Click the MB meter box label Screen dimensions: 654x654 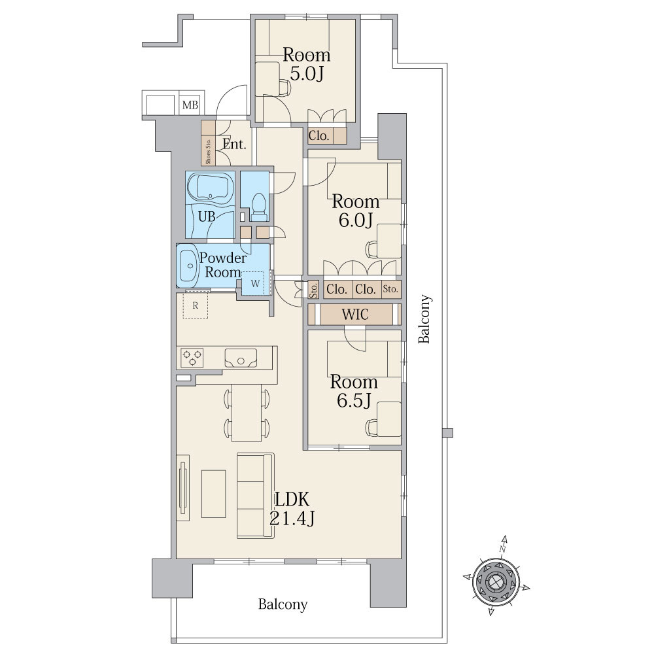190,105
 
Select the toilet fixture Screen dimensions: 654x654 260,207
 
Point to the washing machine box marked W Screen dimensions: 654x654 255,284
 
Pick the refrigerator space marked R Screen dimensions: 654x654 195,305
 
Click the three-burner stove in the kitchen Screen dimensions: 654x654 192,358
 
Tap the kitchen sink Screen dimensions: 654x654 241,358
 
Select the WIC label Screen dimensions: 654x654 355,315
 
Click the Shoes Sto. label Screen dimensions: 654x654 208,151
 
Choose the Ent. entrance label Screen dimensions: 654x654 234,145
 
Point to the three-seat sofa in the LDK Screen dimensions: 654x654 256,496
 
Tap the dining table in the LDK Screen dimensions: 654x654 247,413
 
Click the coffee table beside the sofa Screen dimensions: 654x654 214,494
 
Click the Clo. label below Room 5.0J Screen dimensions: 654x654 319,135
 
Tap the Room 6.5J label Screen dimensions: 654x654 354,391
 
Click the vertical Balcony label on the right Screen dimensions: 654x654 424,319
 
